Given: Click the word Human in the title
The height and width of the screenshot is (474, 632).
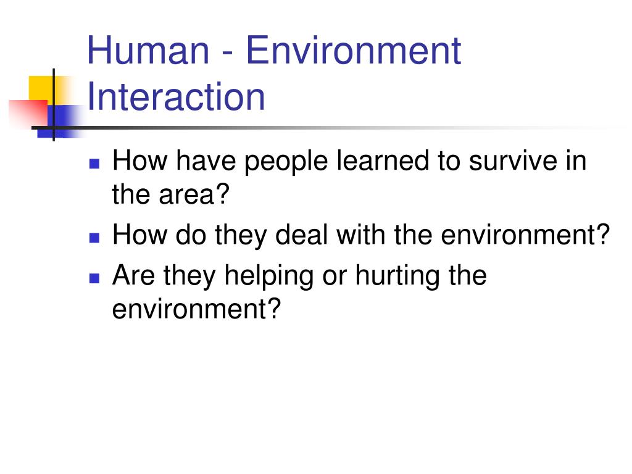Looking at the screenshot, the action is pos(148,51).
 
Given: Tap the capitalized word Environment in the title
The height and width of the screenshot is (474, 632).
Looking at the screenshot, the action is pos(354,51).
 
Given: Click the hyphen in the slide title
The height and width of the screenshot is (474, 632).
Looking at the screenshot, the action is pos(228,54).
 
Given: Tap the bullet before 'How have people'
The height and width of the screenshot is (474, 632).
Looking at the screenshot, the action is pos(94,164).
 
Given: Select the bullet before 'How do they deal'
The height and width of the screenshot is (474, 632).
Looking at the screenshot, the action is pos(94,238).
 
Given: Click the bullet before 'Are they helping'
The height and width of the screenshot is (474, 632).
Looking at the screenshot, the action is pos(94,278).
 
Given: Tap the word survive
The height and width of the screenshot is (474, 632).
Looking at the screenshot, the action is pos(513,160).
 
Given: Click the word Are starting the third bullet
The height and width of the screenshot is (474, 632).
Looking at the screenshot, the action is pos(133,275).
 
